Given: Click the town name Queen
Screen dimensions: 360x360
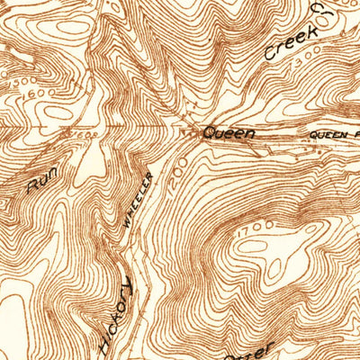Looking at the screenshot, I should (x=229, y=133).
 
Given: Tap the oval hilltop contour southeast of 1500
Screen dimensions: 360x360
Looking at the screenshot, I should (x=67, y=99).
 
